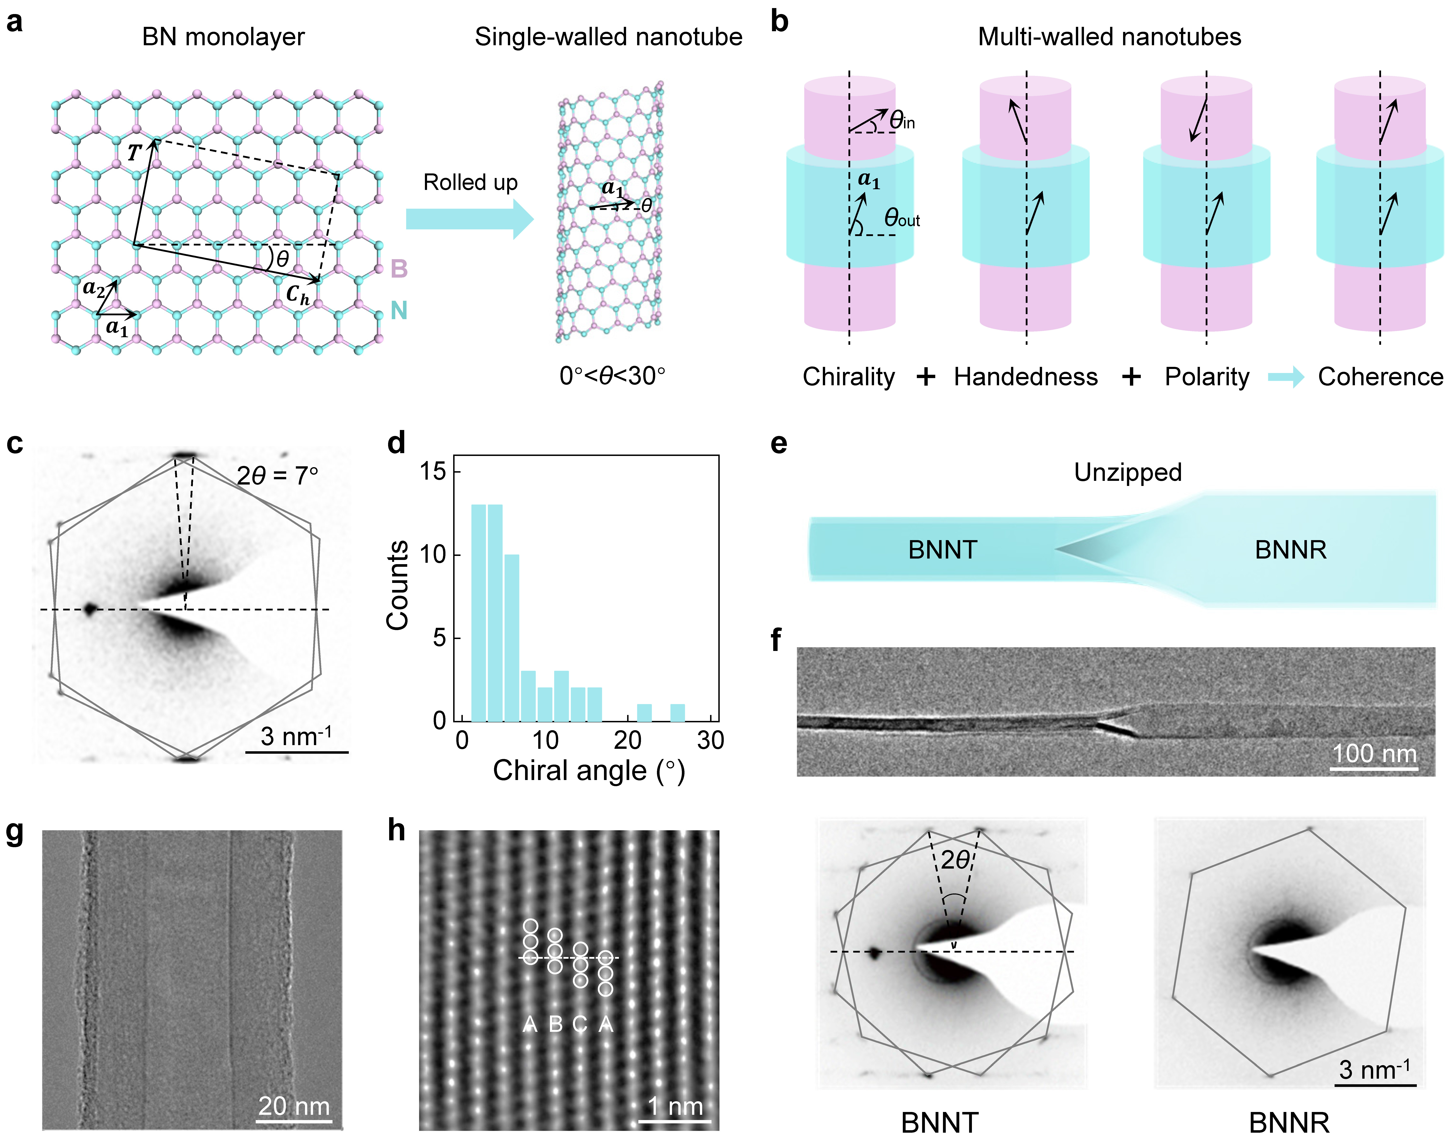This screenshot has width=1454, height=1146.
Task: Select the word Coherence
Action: pyautogui.click(x=1380, y=377)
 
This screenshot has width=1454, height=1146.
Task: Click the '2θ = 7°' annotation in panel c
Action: pyautogui.click(x=277, y=476)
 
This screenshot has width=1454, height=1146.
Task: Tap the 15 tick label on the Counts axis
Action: pyautogui.click(x=433, y=472)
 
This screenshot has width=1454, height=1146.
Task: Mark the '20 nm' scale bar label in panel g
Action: pyautogui.click(x=294, y=1106)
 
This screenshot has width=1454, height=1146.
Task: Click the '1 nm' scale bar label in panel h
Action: pyautogui.click(x=675, y=1106)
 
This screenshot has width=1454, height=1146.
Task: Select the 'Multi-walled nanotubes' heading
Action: pyautogui.click(x=1109, y=37)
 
